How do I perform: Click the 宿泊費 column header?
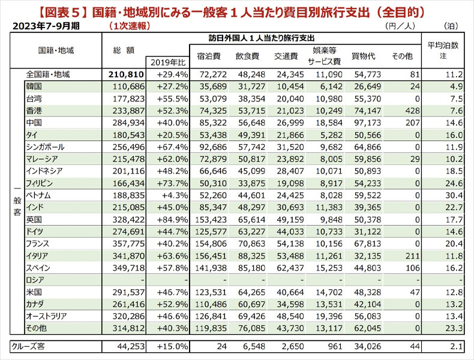[x=209, y=56]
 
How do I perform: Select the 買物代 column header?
[x=364, y=56]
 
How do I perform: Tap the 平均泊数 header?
[x=443, y=46]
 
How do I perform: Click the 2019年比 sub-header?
[x=168, y=62]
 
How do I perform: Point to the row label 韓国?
[x=34, y=86]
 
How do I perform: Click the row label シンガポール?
[x=45, y=147]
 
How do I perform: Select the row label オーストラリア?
[x=46, y=316]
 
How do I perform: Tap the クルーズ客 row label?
[x=28, y=346]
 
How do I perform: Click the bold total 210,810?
[x=127, y=74]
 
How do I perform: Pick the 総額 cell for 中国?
[x=128, y=123]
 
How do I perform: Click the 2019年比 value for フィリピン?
[x=172, y=183]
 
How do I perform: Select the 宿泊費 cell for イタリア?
[x=211, y=256]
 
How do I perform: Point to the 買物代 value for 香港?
[x=368, y=110]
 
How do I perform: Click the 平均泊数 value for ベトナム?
[x=454, y=195]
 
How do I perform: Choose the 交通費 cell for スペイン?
[x=290, y=268]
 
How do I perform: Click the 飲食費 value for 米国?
[x=251, y=292]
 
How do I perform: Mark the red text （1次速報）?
[x=130, y=26]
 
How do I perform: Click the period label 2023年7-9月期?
[x=46, y=26]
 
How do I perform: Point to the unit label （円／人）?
[x=400, y=26]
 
